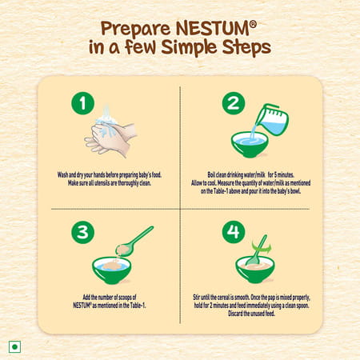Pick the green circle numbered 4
point(232,232)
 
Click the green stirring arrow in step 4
point(258,243)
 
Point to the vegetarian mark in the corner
point(13,346)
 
